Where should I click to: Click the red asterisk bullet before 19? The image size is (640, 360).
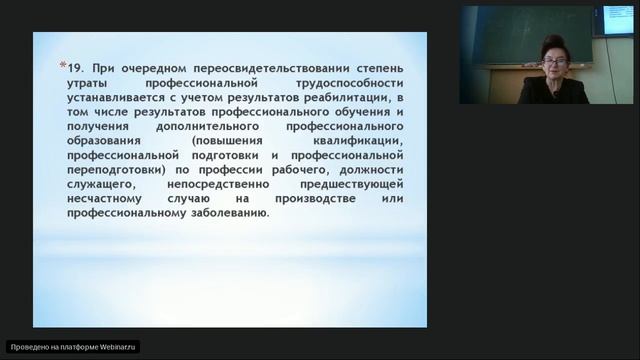coord(63,65)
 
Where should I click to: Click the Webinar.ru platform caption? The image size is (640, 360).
coord(72,346)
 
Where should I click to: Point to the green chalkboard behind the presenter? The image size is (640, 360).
coord(520,35)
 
